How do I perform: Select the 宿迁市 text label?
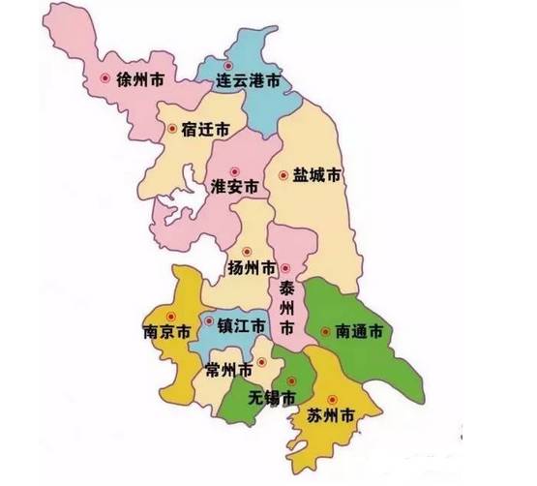tap(208, 128)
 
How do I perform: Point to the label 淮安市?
tap(234, 186)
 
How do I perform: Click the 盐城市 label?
tap(316, 176)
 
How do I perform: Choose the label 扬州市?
tap(251, 267)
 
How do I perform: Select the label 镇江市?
tap(241, 327)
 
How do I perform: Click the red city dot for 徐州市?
tap(104, 79)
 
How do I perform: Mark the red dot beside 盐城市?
tap(283, 175)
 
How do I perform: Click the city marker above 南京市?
tap(171, 315)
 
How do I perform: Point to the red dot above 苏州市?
tap(332, 399)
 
